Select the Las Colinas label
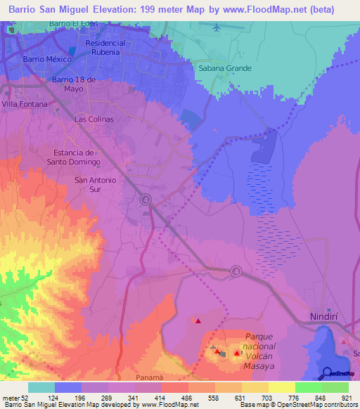[x=94, y=119]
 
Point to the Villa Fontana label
[x=25, y=104]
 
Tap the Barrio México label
[x=48, y=60]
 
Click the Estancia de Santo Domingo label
[x=79, y=157]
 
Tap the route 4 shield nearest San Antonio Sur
[x=146, y=200]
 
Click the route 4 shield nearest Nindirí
[x=236, y=271]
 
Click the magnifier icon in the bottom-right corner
[x=328, y=373]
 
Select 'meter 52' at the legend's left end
[x=14, y=398]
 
